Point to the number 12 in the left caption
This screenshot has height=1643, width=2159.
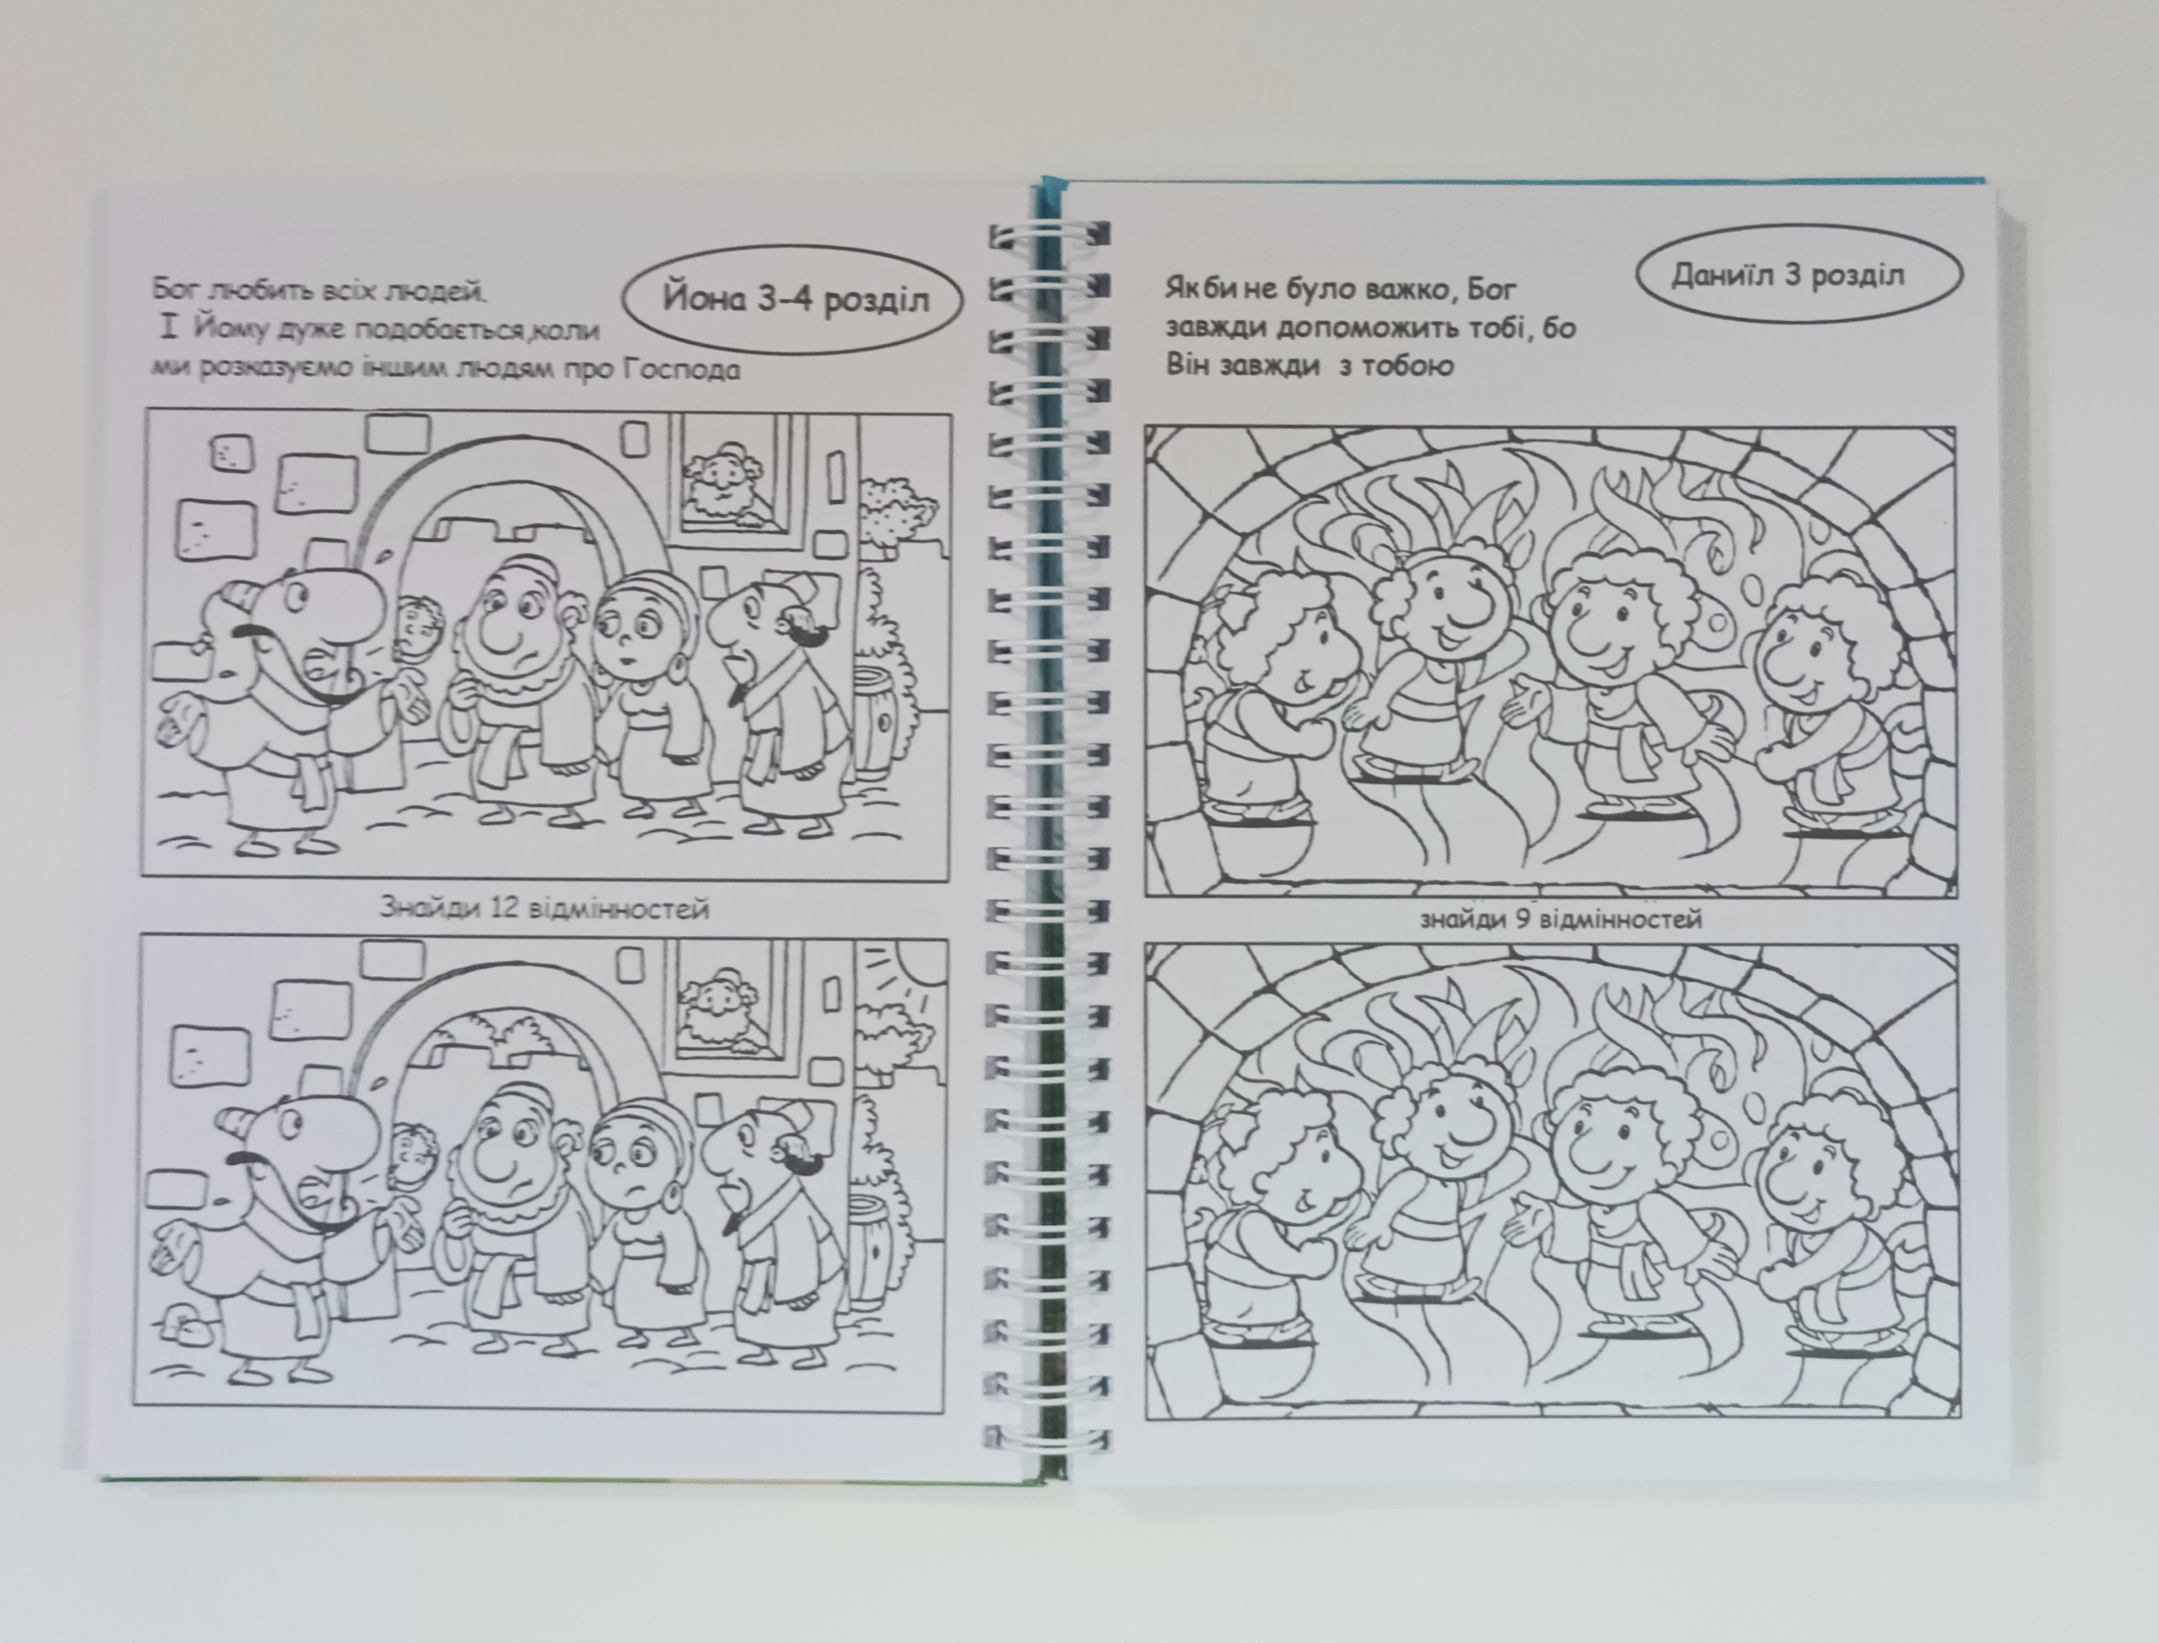pos(499,908)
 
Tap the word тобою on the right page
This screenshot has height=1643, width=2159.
pos(1403,365)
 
